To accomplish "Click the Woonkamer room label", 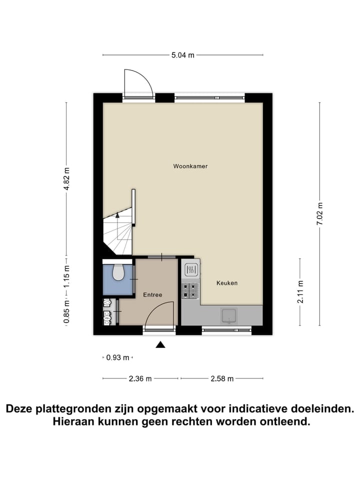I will click(x=190, y=166).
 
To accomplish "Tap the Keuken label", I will click(x=226, y=283).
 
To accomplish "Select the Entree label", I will click(x=152, y=295).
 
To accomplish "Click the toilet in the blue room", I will click(x=118, y=273).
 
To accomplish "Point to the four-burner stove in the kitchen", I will click(x=190, y=290).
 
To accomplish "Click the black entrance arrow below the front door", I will click(x=160, y=344).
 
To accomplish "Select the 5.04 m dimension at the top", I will click(x=182, y=55).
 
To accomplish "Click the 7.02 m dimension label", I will click(x=320, y=214).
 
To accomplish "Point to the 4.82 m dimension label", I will click(x=67, y=178).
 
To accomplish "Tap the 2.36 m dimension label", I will click(x=140, y=378).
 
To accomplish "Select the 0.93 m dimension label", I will click(x=118, y=357).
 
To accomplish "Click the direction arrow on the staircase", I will click(x=117, y=215).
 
